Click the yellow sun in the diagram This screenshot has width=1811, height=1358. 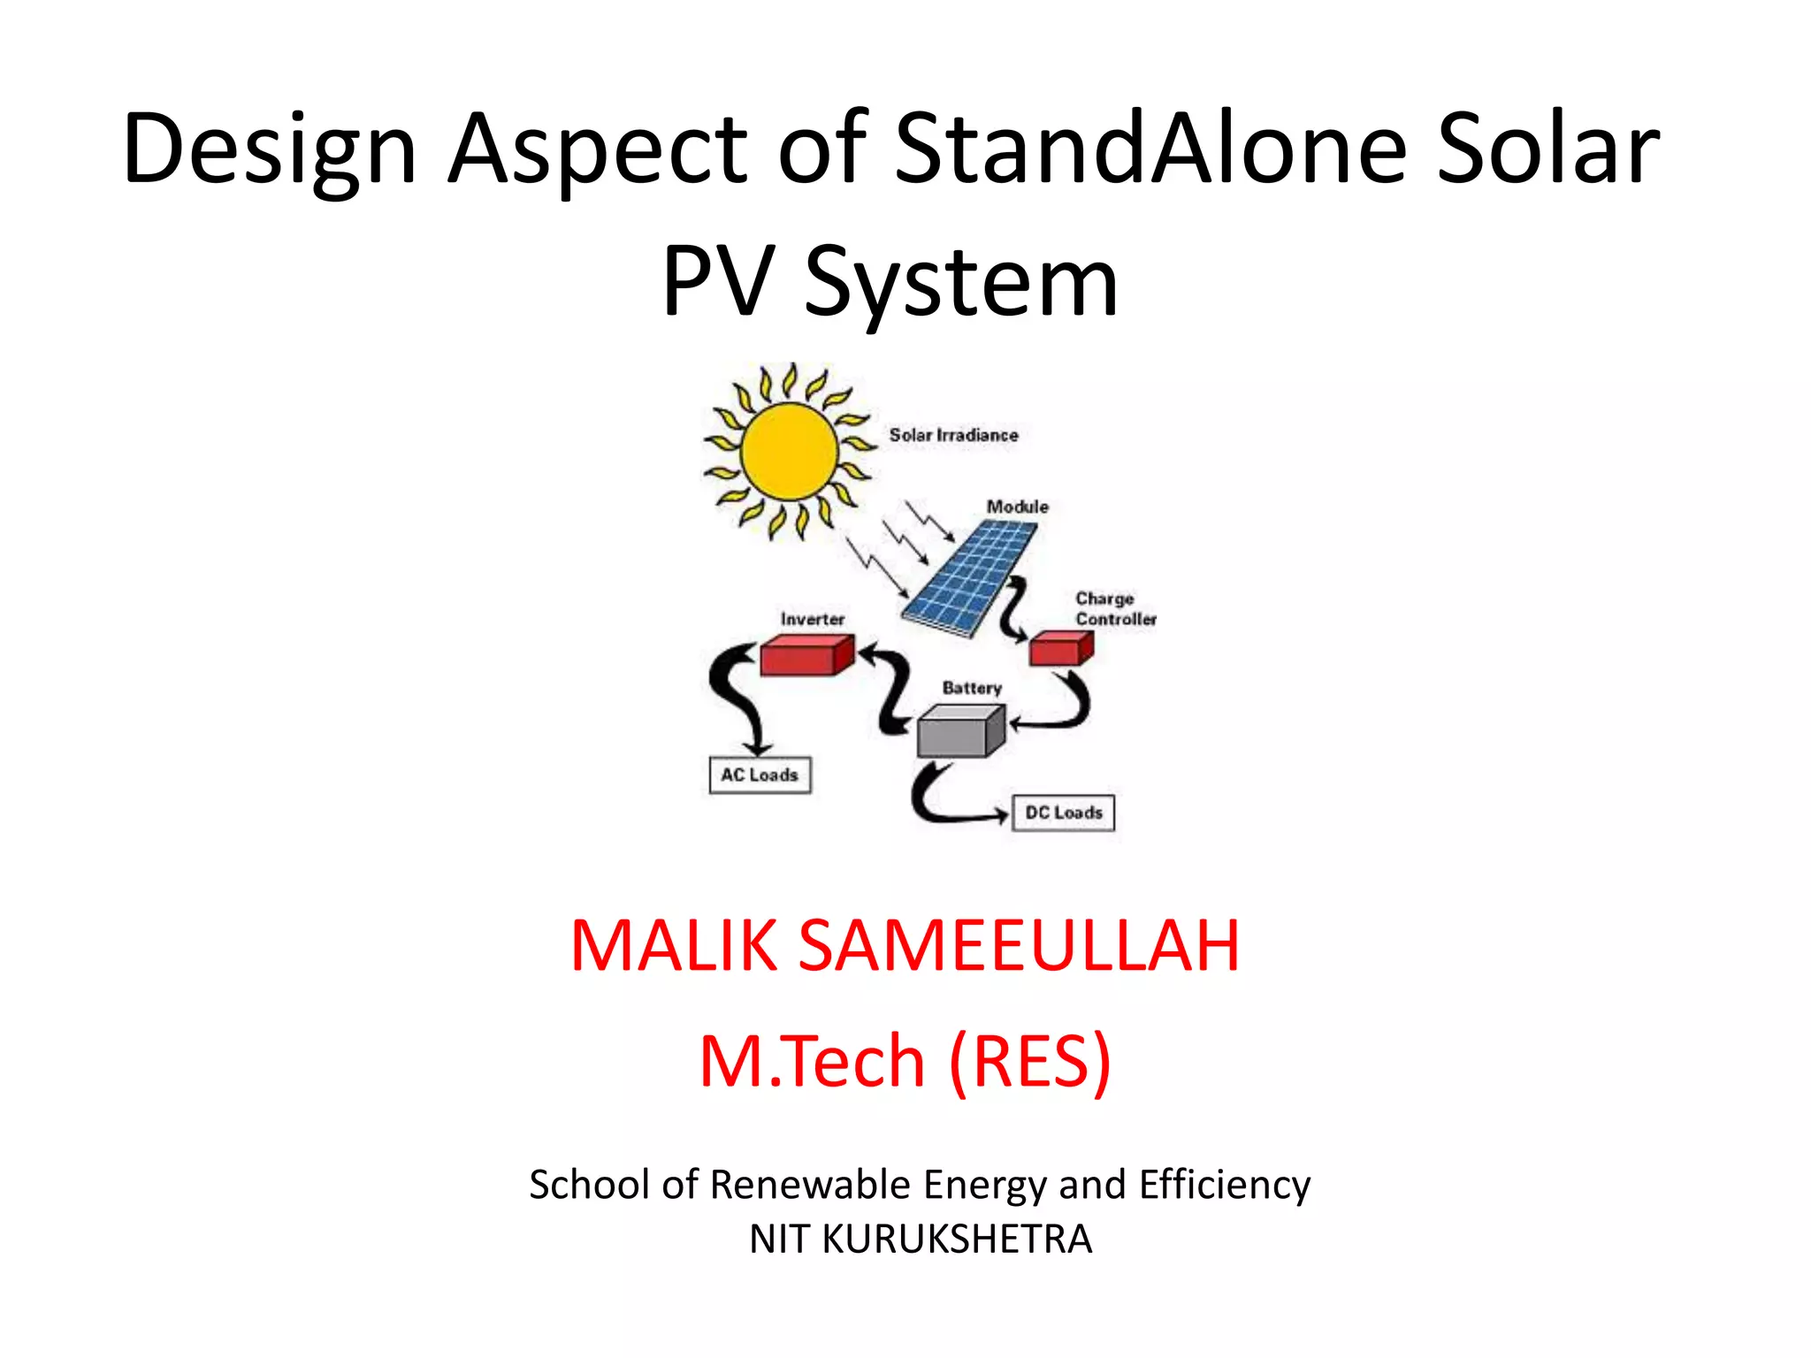[789, 451]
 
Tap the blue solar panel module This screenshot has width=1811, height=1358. [970, 576]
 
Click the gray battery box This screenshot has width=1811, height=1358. [960, 731]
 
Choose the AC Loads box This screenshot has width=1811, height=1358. [760, 775]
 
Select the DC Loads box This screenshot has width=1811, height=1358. [1063, 813]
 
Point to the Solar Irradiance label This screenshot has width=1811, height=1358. [953, 435]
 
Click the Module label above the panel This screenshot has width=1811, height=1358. [1017, 507]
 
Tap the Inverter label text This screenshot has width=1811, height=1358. [812, 619]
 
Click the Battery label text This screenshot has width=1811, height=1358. [972, 688]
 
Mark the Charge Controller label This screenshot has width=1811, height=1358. [1114, 609]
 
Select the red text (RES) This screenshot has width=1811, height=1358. [1029, 1061]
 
